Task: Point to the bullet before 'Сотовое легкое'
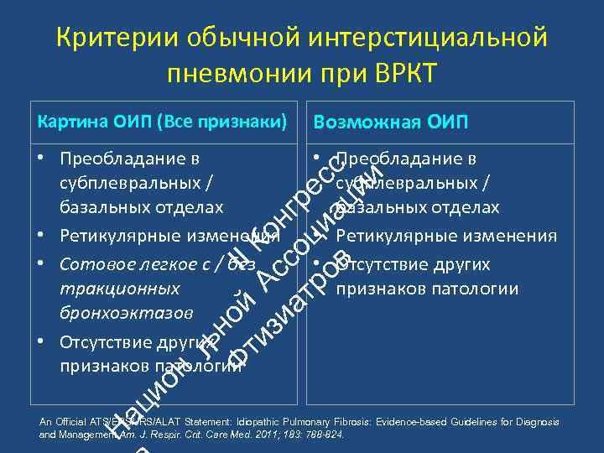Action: coord(41,264)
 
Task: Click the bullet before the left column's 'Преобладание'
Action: coord(41,158)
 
